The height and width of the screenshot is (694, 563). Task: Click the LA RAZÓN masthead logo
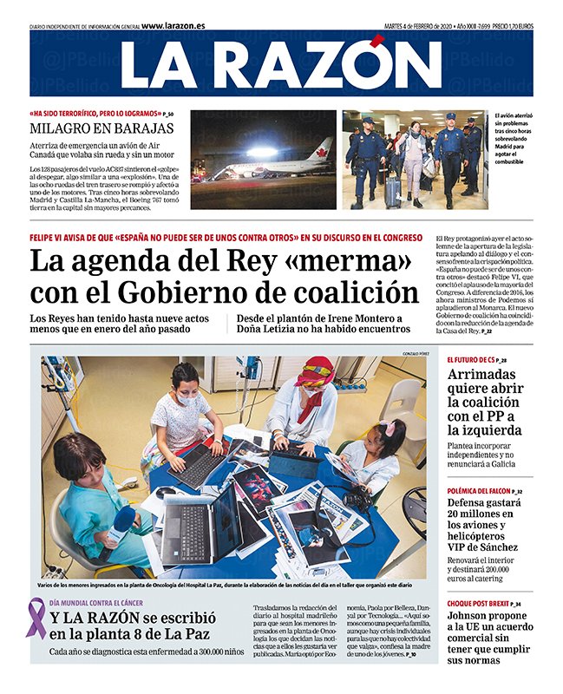(281, 64)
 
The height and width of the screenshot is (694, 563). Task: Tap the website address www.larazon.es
(173, 26)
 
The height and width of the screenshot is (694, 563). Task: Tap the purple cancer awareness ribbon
(36, 618)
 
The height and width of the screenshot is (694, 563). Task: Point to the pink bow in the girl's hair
(386, 427)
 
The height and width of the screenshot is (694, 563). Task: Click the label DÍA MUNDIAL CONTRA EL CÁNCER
(95, 602)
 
